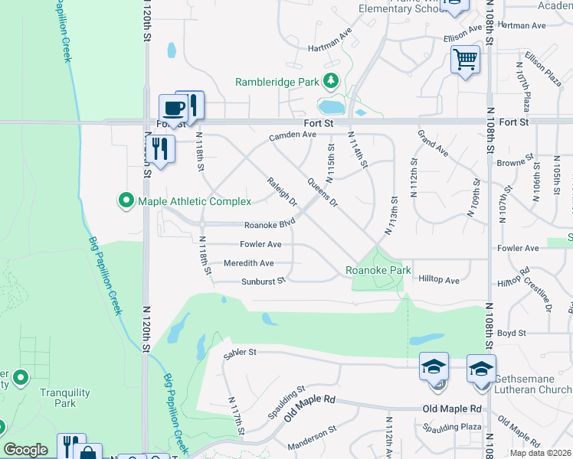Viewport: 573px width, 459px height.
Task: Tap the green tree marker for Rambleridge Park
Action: (331, 80)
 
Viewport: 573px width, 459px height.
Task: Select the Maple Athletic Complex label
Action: (195, 201)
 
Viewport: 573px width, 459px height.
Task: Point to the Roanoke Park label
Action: (378, 270)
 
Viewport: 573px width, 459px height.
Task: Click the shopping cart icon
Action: (466, 59)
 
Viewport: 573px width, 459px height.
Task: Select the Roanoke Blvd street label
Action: (270, 225)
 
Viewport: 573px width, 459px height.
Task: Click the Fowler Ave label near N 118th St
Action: (261, 245)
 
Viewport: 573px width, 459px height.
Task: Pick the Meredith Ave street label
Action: (248, 263)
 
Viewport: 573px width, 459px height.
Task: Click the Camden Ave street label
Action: (292, 135)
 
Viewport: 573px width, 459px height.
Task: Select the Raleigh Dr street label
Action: (282, 191)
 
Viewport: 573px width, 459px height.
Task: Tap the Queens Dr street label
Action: (322, 192)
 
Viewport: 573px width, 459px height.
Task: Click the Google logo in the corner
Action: (25, 450)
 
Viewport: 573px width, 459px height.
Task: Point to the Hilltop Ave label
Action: (439, 281)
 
